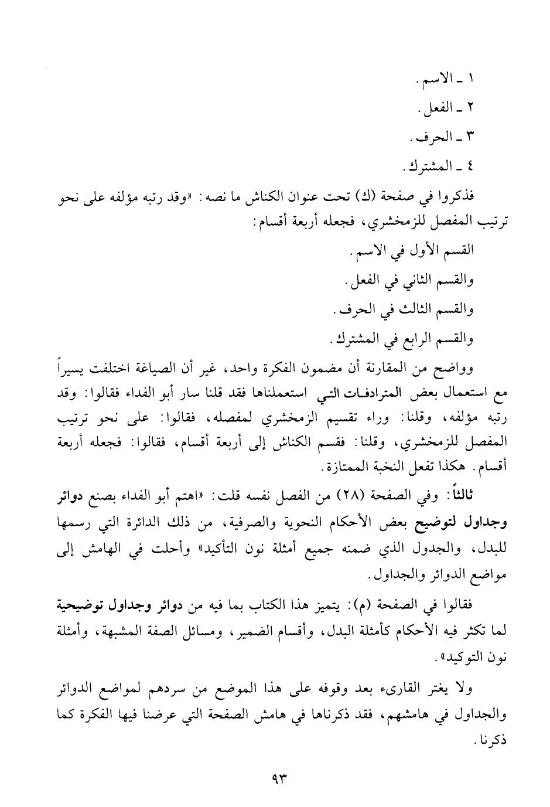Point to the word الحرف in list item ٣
tap(429, 138)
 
